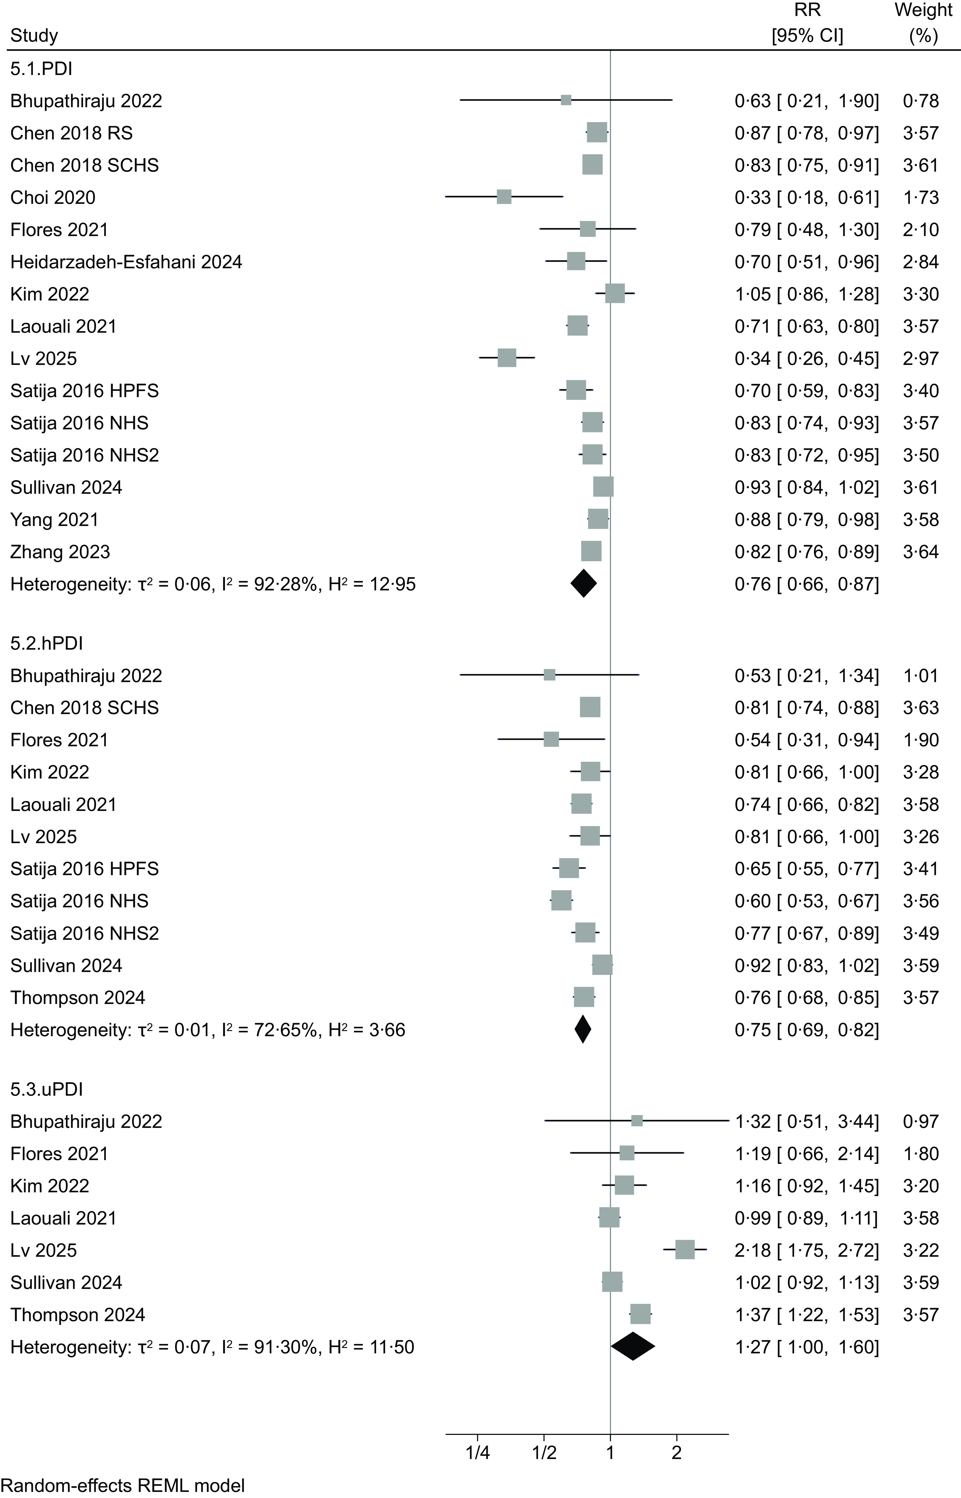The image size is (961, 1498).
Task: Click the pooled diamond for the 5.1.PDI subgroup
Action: tap(584, 584)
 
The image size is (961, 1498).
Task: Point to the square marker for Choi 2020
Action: tap(504, 197)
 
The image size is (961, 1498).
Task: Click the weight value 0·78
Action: tap(920, 100)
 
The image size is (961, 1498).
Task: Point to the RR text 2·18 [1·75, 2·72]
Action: tap(806, 1250)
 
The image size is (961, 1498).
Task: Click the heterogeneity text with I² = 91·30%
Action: tap(212, 1347)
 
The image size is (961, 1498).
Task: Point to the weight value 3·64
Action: tap(920, 552)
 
